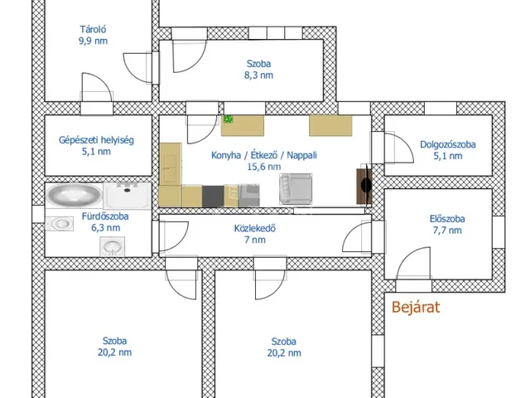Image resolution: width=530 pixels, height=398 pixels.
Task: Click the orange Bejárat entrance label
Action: pos(416,308)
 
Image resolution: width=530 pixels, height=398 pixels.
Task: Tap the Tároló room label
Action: pos(93,30)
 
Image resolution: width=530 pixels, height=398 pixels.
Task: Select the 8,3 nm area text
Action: pos(258,75)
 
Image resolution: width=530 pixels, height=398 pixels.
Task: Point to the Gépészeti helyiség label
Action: pos(96,140)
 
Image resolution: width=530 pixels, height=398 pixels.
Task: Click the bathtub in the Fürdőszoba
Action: pos(74,196)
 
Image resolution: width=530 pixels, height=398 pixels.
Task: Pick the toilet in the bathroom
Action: pos(60,223)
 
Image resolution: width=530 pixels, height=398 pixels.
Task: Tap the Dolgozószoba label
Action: pos(448,144)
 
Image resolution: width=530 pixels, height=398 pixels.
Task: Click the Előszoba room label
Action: pos(447,219)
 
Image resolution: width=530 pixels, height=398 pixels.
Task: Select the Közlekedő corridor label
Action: pos(255,229)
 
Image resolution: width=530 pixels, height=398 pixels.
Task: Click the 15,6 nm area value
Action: pos(264,167)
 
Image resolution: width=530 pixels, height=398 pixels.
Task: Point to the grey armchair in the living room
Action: pos(296,189)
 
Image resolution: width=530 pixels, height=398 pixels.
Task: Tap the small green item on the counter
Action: pos(229,119)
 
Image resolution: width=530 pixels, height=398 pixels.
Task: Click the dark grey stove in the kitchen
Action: pos(213,197)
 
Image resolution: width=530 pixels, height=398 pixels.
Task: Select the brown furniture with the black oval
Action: pos(364,186)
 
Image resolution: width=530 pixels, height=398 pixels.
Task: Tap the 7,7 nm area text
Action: pos(447,231)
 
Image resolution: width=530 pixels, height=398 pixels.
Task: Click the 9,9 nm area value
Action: pos(93,41)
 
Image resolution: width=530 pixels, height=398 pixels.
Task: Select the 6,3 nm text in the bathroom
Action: pos(105,228)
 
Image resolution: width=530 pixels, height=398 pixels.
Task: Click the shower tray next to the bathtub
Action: pos(127,196)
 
